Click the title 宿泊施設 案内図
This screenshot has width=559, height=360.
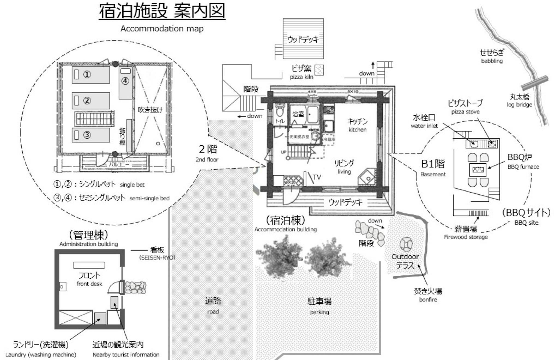click(x=162, y=11)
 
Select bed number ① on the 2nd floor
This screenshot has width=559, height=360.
click(x=91, y=74)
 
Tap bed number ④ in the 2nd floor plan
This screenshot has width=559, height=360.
click(x=125, y=83)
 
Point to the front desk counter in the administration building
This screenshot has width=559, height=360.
click(x=89, y=265)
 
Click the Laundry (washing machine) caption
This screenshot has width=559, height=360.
click(x=41, y=355)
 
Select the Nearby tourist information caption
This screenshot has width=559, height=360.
click(x=126, y=355)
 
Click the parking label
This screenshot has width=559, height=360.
click(x=319, y=312)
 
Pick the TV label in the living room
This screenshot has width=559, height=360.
click(x=317, y=177)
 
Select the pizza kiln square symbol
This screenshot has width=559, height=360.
click(x=319, y=70)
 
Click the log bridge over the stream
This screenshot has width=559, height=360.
click(x=535, y=83)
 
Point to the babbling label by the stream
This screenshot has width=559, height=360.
click(x=492, y=61)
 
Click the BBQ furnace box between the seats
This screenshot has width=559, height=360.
click(x=478, y=170)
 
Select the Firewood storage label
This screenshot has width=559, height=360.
click(x=466, y=237)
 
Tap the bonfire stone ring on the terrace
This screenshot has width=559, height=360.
click(x=406, y=244)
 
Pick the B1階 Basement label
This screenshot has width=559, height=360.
click(x=433, y=167)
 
